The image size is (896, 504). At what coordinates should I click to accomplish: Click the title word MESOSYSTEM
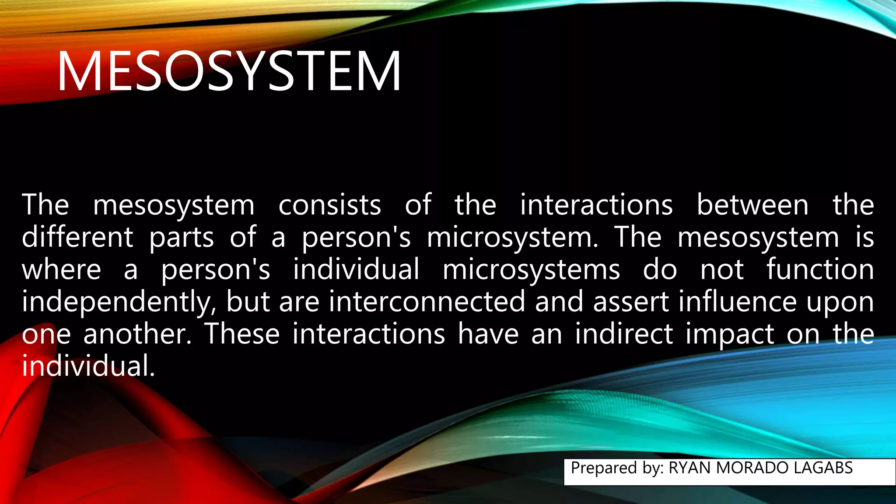pos(228,71)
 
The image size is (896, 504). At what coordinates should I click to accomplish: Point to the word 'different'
pos(77,237)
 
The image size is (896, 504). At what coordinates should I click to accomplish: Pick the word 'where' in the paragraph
pos(61,269)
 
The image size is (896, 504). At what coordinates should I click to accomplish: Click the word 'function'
pos(820,269)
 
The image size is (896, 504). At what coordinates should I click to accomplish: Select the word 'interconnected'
pos(427,302)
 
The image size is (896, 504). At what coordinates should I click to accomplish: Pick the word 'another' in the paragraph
pos(137,334)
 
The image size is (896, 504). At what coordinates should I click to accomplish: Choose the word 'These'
pos(242,334)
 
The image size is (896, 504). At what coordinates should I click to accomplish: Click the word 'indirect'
pos(624,334)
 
